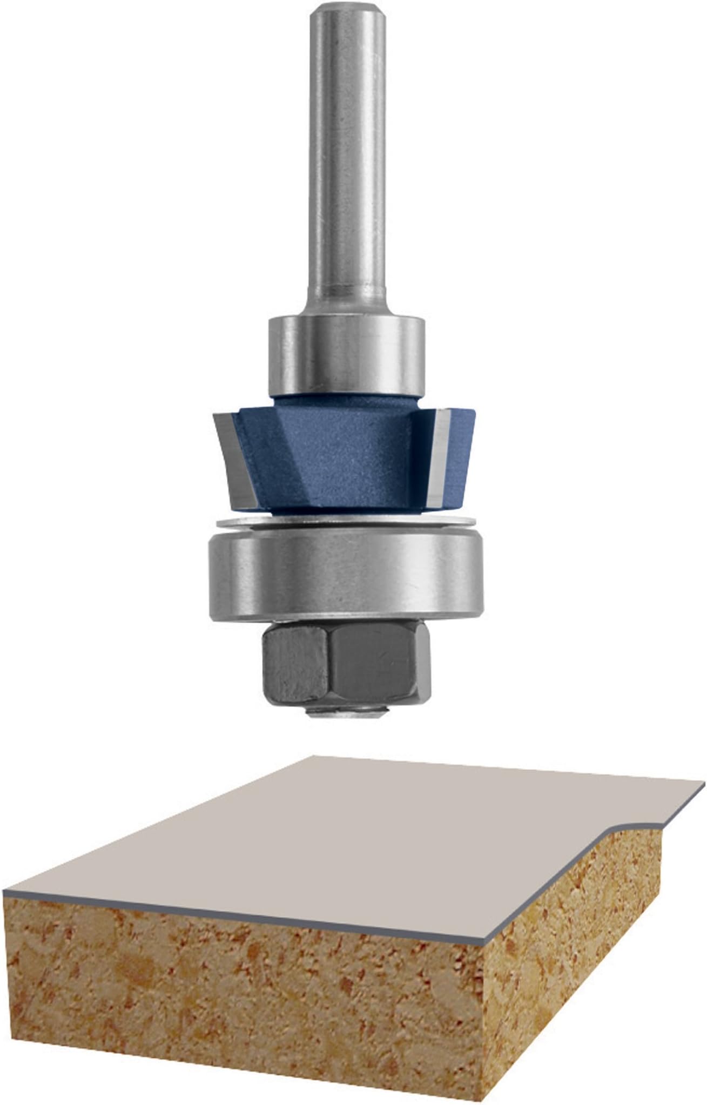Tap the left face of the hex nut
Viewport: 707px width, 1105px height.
(294, 662)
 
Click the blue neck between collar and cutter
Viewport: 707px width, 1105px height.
(346, 402)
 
